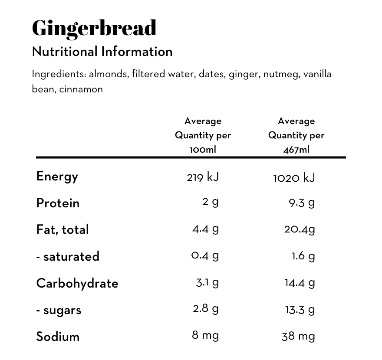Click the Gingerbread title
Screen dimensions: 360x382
94,28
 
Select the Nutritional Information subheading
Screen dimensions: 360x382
102,52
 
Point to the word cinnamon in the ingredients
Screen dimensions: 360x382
81,90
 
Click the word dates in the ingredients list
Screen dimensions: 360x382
212,74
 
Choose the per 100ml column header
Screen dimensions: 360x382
203,135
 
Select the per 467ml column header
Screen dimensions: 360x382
296,135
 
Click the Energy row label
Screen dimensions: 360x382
57,177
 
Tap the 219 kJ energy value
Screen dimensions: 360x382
203,177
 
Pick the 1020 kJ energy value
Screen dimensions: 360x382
294,177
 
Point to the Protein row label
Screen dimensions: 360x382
58,203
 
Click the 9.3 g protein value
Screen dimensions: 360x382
302,203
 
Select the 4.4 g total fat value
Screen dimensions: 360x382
205,229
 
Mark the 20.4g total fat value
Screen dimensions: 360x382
300,229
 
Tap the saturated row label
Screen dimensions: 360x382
68,256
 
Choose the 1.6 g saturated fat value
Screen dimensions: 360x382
303,256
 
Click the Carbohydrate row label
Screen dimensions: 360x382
77,283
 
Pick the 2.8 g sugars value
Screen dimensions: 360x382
205,309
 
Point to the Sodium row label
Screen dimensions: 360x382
58,337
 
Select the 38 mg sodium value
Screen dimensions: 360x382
298,336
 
